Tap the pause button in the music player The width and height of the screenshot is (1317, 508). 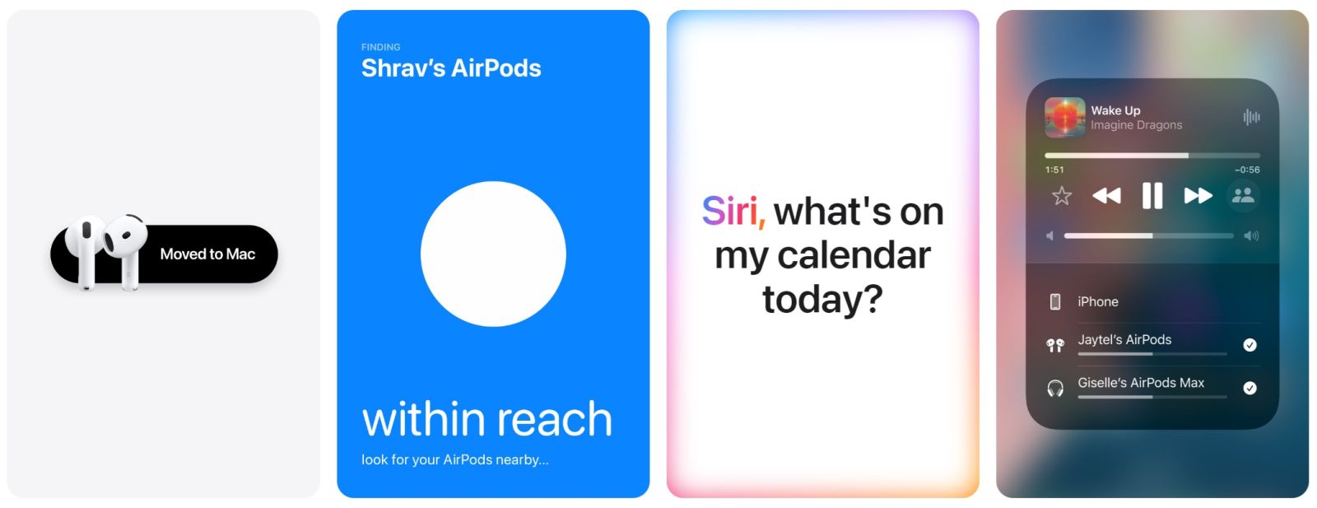[x=1152, y=195]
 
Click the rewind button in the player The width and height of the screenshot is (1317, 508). [x=1106, y=195]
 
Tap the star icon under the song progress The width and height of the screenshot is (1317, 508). [x=1062, y=195]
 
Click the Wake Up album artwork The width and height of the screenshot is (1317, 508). [x=1065, y=118]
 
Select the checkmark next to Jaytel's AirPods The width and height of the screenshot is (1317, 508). [x=1250, y=345]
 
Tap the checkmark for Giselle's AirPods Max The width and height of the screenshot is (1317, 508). [x=1250, y=388]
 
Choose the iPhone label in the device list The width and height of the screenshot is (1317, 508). [x=1098, y=301]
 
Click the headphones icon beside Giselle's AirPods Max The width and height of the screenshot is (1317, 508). [x=1055, y=389]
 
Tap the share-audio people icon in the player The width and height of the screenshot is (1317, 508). [x=1243, y=195]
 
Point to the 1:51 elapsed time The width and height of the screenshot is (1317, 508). [x=1054, y=170]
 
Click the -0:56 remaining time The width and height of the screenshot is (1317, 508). [x=1247, y=170]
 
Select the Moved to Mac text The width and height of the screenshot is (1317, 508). [x=207, y=254]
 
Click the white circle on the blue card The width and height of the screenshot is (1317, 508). [x=493, y=254]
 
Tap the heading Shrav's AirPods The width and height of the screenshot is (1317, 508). [x=451, y=68]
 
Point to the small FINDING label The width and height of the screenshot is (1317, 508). [x=380, y=47]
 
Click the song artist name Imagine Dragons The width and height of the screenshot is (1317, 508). [x=1137, y=125]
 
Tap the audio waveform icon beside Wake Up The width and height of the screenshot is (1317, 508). [x=1251, y=117]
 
